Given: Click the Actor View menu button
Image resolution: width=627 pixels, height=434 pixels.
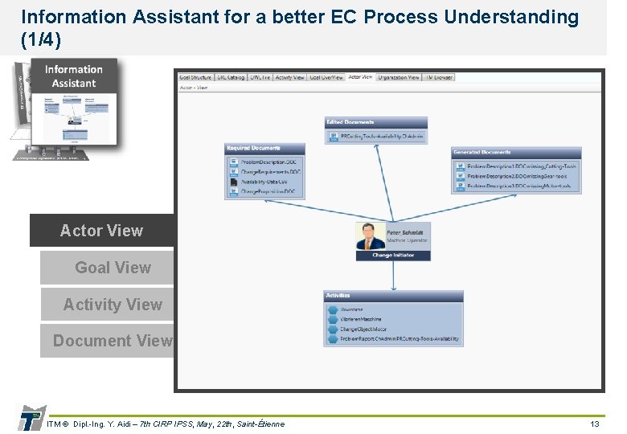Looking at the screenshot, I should tap(102, 231).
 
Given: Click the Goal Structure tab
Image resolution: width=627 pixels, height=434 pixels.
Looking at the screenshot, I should tap(195, 77).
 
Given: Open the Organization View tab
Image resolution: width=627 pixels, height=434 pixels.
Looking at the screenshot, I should tap(398, 77).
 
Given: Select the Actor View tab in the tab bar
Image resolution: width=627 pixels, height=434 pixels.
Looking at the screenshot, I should tap(360, 77).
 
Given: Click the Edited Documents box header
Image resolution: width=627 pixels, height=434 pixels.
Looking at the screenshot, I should tap(375, 122).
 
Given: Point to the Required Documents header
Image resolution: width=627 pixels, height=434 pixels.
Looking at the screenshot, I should tap(264, 149).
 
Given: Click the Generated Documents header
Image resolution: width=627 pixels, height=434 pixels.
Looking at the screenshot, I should tap(514, 152).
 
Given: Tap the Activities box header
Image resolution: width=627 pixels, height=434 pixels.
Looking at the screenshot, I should tap(393, 296).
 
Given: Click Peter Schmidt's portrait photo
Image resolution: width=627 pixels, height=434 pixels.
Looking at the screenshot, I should tap(371, 237).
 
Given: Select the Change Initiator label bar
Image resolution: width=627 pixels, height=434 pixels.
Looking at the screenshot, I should tap(393, 256).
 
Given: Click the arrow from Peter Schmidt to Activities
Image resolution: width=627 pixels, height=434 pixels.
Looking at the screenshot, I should tap(393, 275).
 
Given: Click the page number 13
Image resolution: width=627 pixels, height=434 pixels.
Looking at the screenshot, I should tap(595, 424).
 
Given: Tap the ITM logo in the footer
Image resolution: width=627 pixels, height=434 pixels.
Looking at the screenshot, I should tap(31, 418).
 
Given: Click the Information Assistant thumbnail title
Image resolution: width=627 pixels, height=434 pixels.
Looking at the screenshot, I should tap(73, 76).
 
